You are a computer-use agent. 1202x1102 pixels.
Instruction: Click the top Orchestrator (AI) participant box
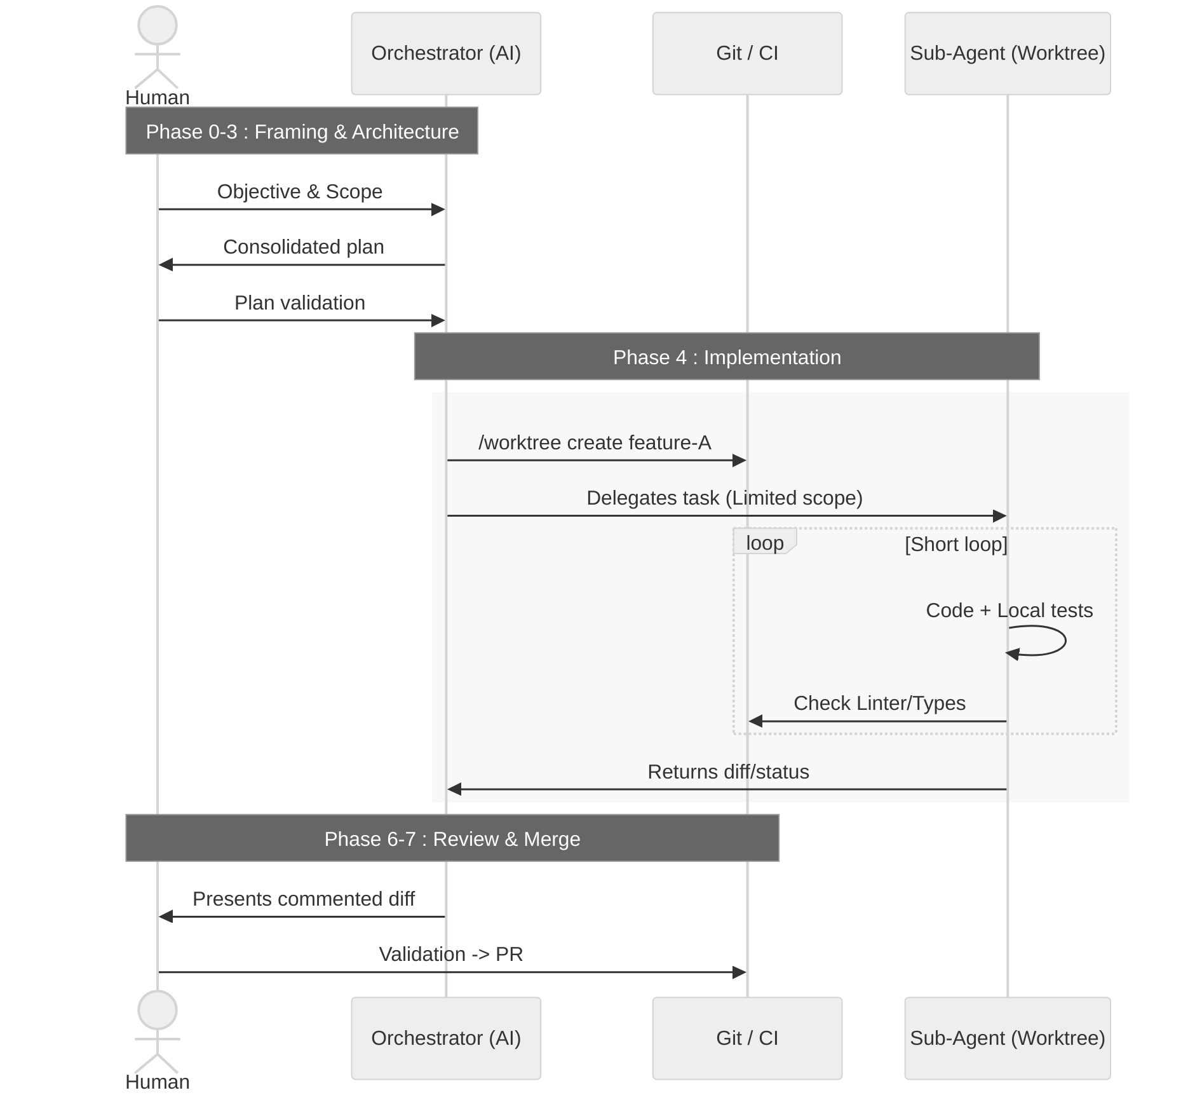point(446,53)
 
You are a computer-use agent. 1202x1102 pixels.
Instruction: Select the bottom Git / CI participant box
point(747,1038)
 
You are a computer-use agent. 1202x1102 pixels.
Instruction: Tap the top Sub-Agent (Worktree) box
point(1007,53)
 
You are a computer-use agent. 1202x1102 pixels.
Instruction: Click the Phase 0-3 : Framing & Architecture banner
point(302,131)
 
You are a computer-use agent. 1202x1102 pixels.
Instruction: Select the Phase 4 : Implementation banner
point(726,357)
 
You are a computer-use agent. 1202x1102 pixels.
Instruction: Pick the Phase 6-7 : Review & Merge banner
point(452,838)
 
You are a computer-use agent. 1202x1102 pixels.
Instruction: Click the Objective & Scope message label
point(300,191)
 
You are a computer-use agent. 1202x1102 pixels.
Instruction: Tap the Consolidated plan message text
point(303,247)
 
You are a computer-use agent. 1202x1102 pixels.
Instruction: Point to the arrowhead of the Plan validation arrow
point(438,320)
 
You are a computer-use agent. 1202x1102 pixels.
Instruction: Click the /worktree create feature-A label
point(594,442)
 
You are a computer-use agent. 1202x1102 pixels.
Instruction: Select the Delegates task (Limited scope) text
point(724,498)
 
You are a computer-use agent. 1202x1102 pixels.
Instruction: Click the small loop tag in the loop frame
point(764,543)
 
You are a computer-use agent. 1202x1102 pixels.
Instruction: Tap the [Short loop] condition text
point(956,544)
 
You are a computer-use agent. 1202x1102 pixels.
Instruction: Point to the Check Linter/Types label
point(879,703)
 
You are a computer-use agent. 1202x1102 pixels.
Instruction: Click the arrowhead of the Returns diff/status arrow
point(454,789)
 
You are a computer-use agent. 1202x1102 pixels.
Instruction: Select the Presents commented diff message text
point(304,899)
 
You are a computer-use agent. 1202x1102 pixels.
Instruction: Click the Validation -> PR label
point(450,954)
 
